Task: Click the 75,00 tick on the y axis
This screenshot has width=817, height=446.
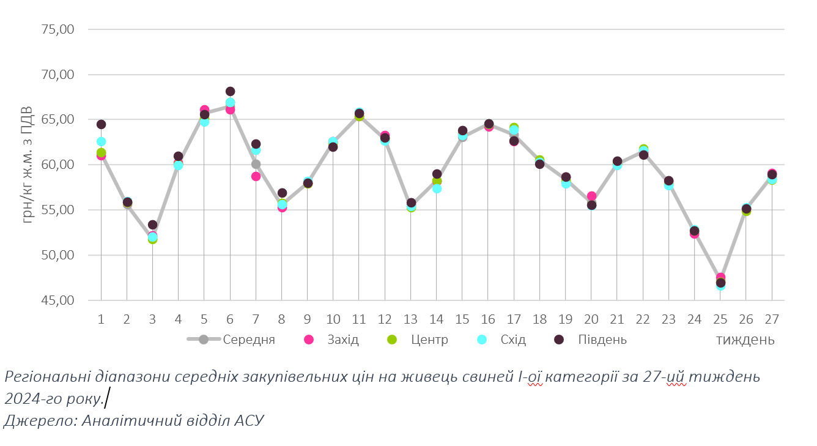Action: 57,29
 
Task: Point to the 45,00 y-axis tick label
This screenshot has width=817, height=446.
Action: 57,300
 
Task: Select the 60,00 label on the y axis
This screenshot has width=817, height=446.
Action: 57,165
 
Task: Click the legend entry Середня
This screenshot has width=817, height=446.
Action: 248,340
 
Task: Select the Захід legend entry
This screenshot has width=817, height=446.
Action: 342,340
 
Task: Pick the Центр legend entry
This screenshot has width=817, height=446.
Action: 429,340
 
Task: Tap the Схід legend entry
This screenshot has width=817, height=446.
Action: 512,340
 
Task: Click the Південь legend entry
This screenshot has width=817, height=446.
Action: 602,340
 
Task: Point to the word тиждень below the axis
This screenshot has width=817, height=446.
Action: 745,340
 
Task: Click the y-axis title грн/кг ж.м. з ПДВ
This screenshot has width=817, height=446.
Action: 27,168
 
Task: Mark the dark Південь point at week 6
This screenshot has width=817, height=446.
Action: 230,92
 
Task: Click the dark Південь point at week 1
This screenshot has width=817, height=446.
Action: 101,125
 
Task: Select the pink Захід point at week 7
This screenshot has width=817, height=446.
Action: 256,176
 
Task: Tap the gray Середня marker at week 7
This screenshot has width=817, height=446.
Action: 256,164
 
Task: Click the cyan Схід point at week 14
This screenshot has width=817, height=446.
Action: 437,188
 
